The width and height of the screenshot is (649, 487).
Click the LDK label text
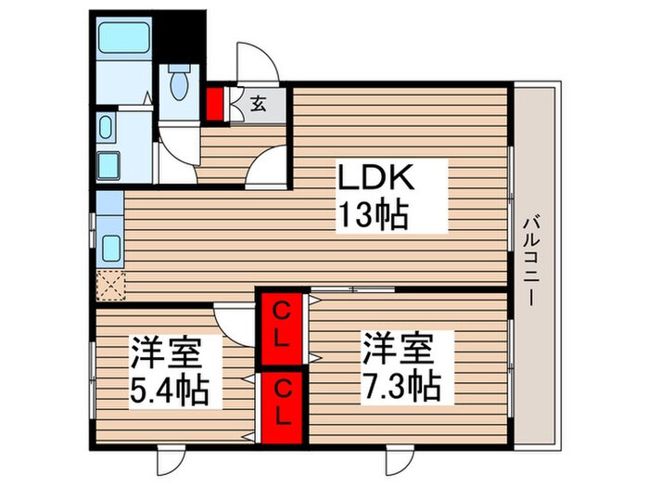coord(377,178)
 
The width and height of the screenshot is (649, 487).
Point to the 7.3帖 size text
coord(401,381)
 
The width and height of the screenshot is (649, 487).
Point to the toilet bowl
coord(179,84)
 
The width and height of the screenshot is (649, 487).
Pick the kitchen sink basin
coord(111,248)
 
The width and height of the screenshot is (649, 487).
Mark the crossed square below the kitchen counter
coord(110,285)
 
